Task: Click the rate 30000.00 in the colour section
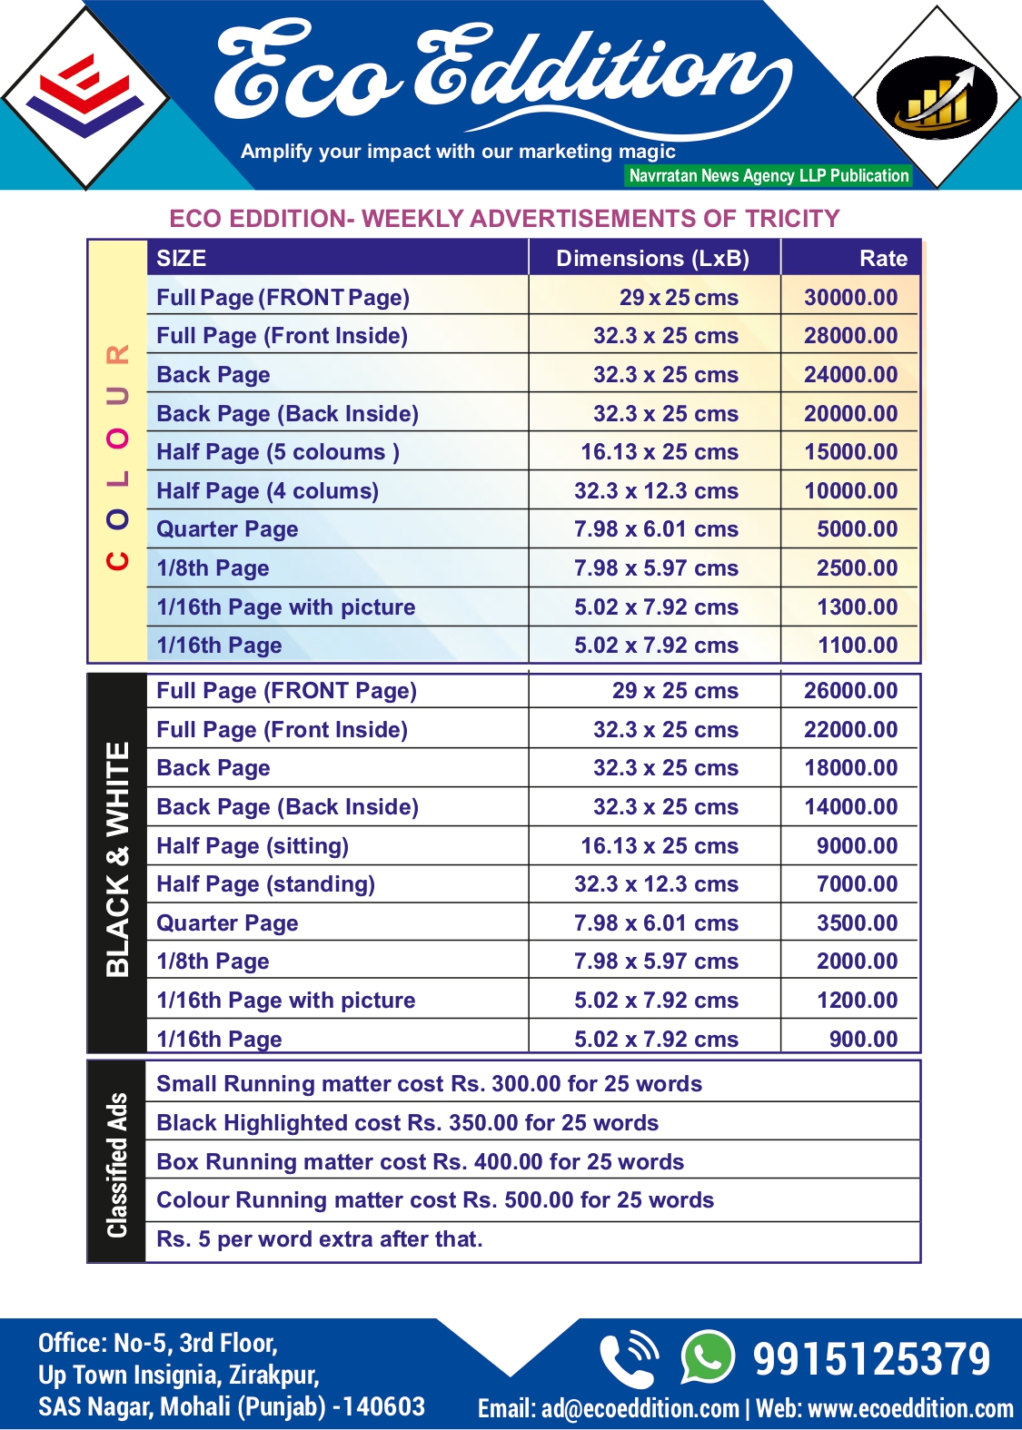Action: pos(850,298)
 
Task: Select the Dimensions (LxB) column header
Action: pos(652,259)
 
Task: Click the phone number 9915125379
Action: pos(871,1359)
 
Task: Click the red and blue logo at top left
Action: pos(85,96)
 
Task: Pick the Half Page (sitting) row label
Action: pos(253,846)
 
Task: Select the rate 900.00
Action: pos(863,1040)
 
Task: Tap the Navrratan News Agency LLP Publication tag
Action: pos(769,176)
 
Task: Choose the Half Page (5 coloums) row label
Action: pos(278,452)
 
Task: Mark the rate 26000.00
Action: pos(850,691)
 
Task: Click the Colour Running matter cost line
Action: pos(435,1200)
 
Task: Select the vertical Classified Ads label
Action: pos(117,1165)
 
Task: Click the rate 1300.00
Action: pos(857,607)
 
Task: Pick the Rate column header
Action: pos(883,259)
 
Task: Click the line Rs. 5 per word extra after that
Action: pos(320,1239)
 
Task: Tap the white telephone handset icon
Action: pos(628,1358)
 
